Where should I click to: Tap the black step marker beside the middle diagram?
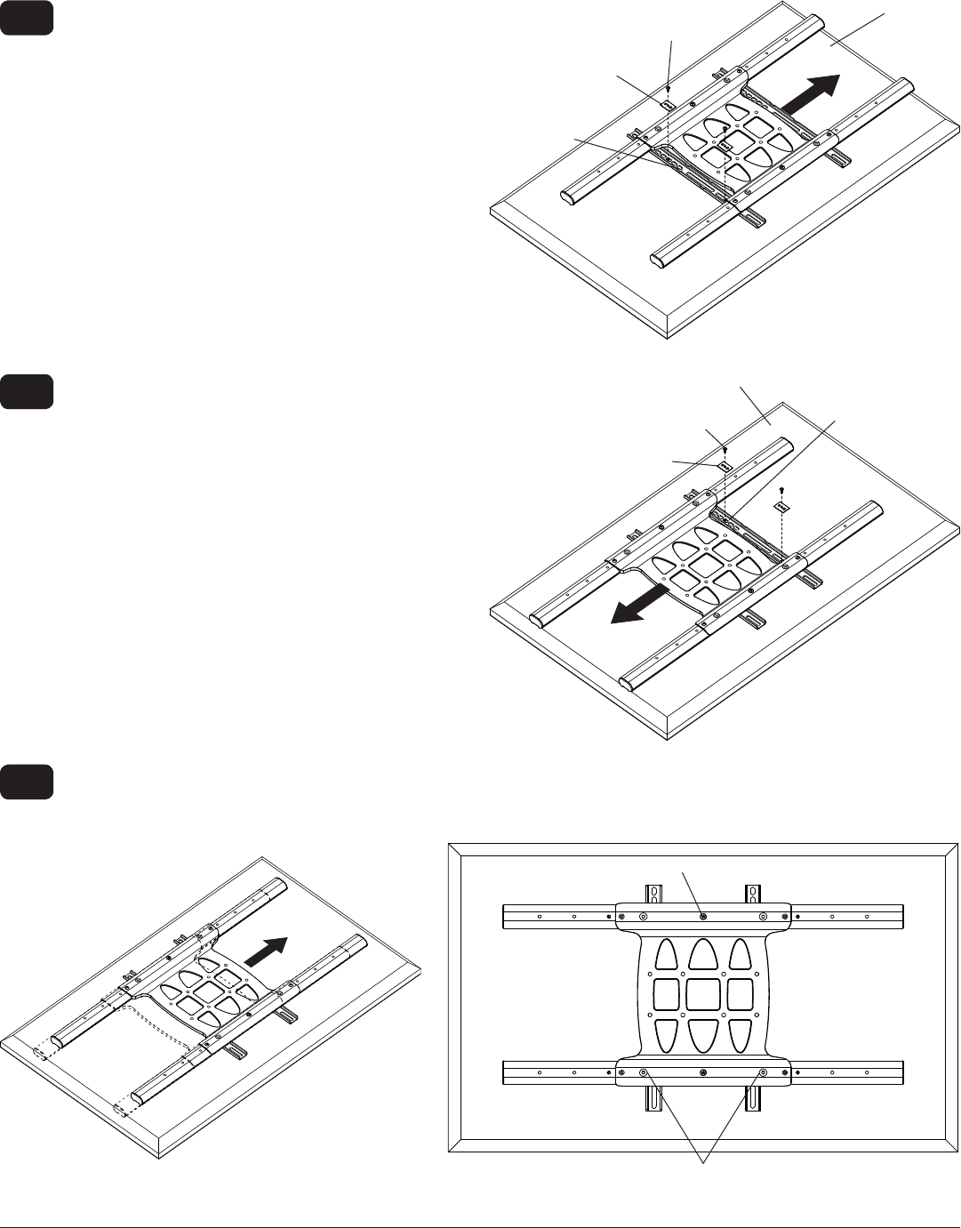[28, 392]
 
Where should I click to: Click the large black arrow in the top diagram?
[811, 93]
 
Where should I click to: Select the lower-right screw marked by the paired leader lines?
[762, 1073]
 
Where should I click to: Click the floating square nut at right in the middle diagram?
[782, 507]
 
